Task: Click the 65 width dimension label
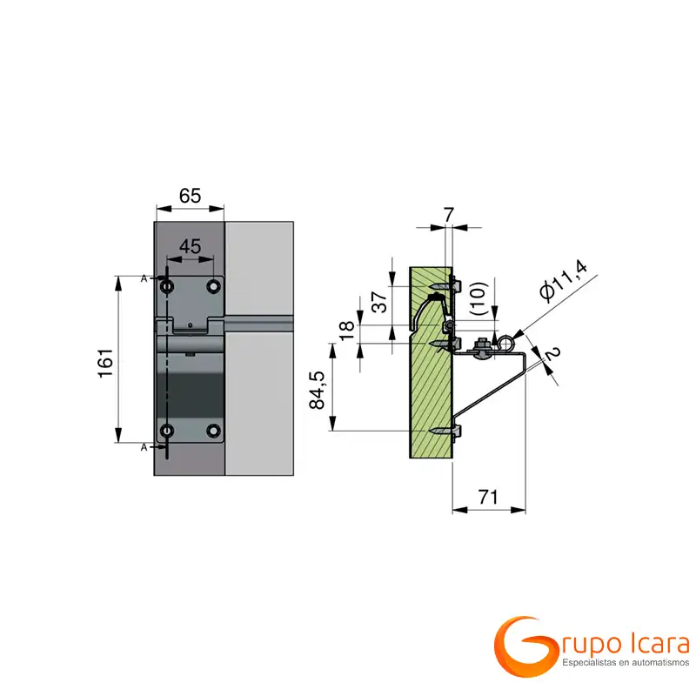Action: (190, 196)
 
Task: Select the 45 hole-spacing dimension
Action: (190, 248)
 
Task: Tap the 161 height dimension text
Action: (104, 361)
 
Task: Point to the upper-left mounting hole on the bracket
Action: (167, 285)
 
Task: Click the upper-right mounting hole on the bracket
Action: (213, 285)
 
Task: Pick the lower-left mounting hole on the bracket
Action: (167, 430)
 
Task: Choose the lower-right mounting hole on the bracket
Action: (213, 430)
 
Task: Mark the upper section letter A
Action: (144, 278)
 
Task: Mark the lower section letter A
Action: (144, 446)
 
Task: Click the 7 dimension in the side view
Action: (448, 214)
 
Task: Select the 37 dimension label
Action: (379, 303)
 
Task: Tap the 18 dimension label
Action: (346, 331)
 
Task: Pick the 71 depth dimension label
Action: (489, 497)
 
